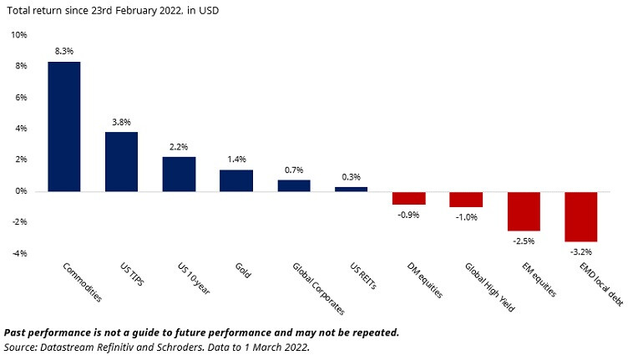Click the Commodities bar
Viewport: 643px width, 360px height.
pos(64,127)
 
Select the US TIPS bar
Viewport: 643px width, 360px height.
pos(121,161)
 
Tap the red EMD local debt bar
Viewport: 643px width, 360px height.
pos(580,216)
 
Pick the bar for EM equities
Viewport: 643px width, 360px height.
pos(524,211)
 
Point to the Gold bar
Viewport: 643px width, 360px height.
pos(236,180)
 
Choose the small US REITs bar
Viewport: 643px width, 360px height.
pos(351,190)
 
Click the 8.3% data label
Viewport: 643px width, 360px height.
pos(64,51)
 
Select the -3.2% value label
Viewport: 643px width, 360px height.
pos(581,251)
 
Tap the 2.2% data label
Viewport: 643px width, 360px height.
pos(179,147)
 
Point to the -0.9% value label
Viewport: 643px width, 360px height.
pos(408,215)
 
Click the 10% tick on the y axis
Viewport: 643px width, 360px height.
pos(19,35)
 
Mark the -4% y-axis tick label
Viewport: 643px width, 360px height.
pos(20,253)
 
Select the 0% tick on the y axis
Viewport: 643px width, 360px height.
pos(22,191)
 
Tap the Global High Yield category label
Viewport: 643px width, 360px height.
pos(489,287)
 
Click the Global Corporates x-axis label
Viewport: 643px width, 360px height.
pos(319,288)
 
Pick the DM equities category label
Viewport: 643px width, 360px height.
pos(425,280)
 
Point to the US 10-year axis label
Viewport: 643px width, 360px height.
pos(194,278)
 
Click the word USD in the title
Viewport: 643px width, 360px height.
pos(209,11)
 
